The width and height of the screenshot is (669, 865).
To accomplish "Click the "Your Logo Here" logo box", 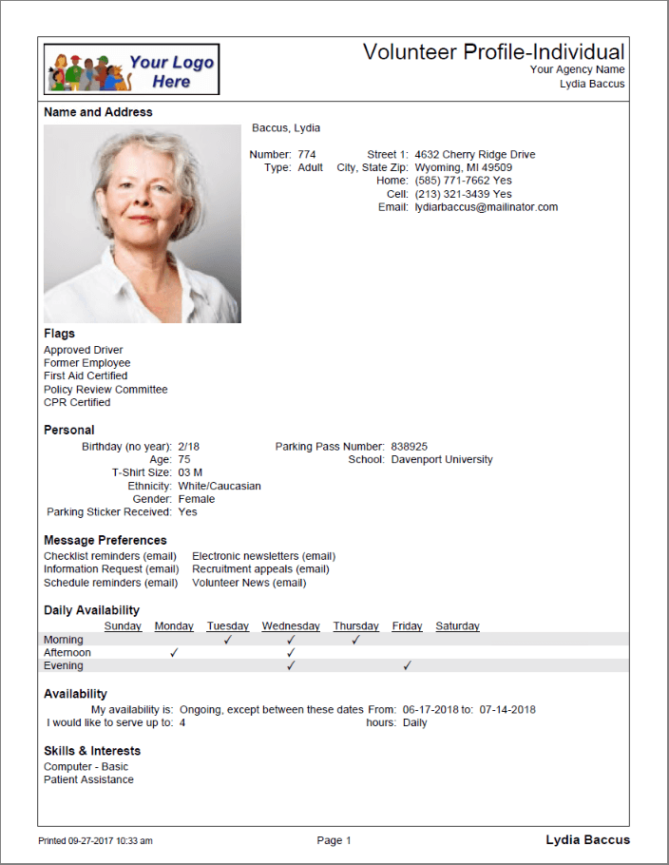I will pos(132,69).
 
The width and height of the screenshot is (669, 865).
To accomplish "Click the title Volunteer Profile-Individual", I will pos(493,52).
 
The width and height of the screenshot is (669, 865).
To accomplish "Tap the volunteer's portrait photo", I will pos(143,223).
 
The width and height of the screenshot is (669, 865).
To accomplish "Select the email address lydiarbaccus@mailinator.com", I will pos(487,206).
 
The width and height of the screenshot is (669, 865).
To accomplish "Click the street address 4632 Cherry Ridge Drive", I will pos(475,154).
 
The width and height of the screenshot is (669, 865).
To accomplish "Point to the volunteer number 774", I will pos(306,154).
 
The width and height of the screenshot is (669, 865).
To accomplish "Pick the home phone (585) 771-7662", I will pos(452,181).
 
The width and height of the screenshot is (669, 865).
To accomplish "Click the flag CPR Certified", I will pos(77,402).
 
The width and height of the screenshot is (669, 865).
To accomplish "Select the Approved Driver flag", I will pos(84,350).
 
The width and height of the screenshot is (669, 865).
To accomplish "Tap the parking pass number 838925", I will pos(410,446).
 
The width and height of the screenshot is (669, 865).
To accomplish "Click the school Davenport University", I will pos(442,459).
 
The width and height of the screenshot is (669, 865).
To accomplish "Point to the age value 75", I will pos(184,459).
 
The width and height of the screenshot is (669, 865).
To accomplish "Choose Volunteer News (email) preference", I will pos(249,583).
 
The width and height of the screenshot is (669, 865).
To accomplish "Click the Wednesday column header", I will pos(291,625).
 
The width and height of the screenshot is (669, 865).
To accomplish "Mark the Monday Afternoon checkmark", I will pos(174,653).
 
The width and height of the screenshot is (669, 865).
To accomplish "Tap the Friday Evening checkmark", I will pos(407,666).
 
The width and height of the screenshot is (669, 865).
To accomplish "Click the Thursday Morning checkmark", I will pos(355,640).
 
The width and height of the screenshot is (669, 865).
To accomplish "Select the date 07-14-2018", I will pos(507,709).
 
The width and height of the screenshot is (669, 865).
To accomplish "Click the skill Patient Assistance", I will pos(88,779).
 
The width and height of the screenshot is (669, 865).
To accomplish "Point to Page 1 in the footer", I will pos(334,840).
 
